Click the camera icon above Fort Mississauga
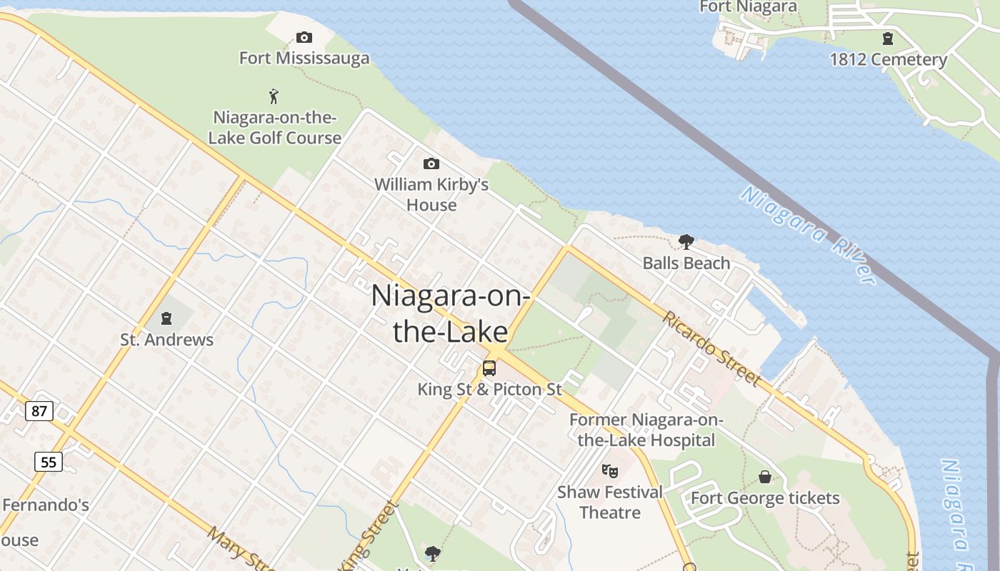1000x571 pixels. coord(304,37)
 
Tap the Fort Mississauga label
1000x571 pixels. coord(304,58)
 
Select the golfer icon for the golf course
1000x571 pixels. coord(274,96)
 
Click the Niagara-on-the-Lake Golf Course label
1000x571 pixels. coord(275,128)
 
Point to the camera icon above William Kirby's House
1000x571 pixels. coord(431,164)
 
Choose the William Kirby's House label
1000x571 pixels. coord(431,195)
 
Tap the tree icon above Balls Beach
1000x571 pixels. coord(686,242)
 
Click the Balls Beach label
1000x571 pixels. coord(686,263)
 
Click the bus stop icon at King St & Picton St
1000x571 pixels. coord(489,368)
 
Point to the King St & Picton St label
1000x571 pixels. coord(490,389)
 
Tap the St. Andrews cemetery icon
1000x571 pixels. coord(166,318)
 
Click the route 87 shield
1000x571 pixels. coord(39,410)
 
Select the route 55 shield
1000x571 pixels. coord(48,462)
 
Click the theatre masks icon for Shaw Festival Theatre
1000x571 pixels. coord(609,470)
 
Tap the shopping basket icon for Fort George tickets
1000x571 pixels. coord(765,477)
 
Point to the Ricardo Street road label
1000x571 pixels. coord(711,348)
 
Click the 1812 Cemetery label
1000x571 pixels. coord(888,60)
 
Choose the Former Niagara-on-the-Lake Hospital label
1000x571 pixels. coord(646,430)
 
